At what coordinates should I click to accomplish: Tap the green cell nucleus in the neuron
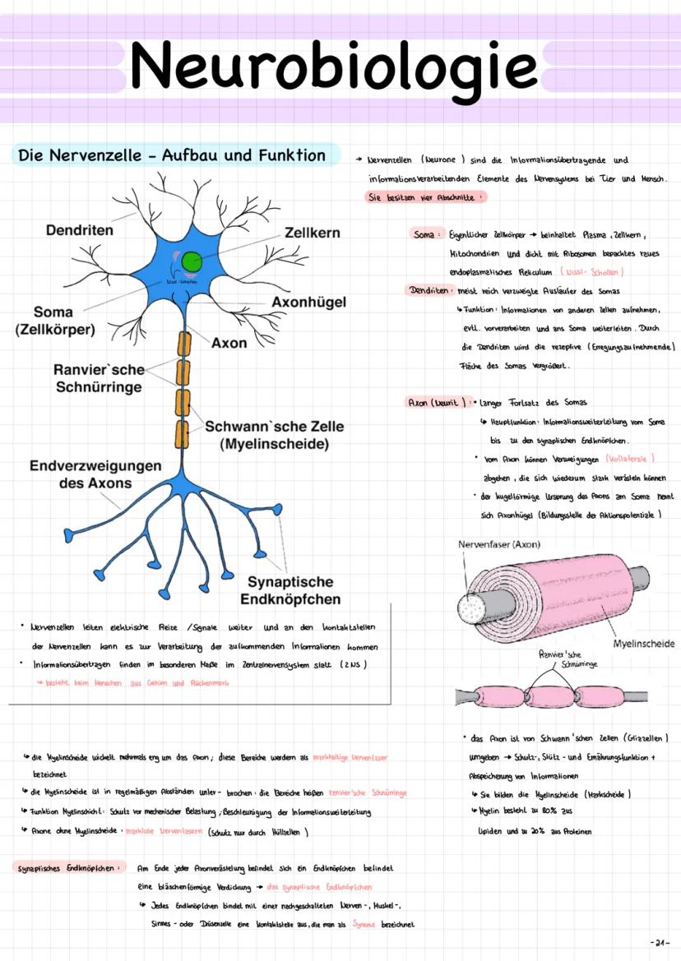coord(192,262)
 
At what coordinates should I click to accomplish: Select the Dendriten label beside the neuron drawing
coord(80,231)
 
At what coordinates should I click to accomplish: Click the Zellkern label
coord(312,233)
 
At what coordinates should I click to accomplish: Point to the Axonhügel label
coord(308,302)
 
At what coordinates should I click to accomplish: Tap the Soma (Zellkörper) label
coord(54,321)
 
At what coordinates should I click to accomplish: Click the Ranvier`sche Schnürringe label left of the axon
coord(100,378)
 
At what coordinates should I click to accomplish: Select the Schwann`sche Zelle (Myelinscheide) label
coord(274,436)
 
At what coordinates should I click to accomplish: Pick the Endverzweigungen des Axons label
coord(95,474)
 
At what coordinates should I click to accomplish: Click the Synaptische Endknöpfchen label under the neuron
coord(290,590)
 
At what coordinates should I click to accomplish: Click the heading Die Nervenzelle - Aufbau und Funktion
coord(172,155)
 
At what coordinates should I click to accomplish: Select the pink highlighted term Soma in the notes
coord(424,234)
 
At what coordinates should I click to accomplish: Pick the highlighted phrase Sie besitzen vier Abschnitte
coord(424,197)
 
